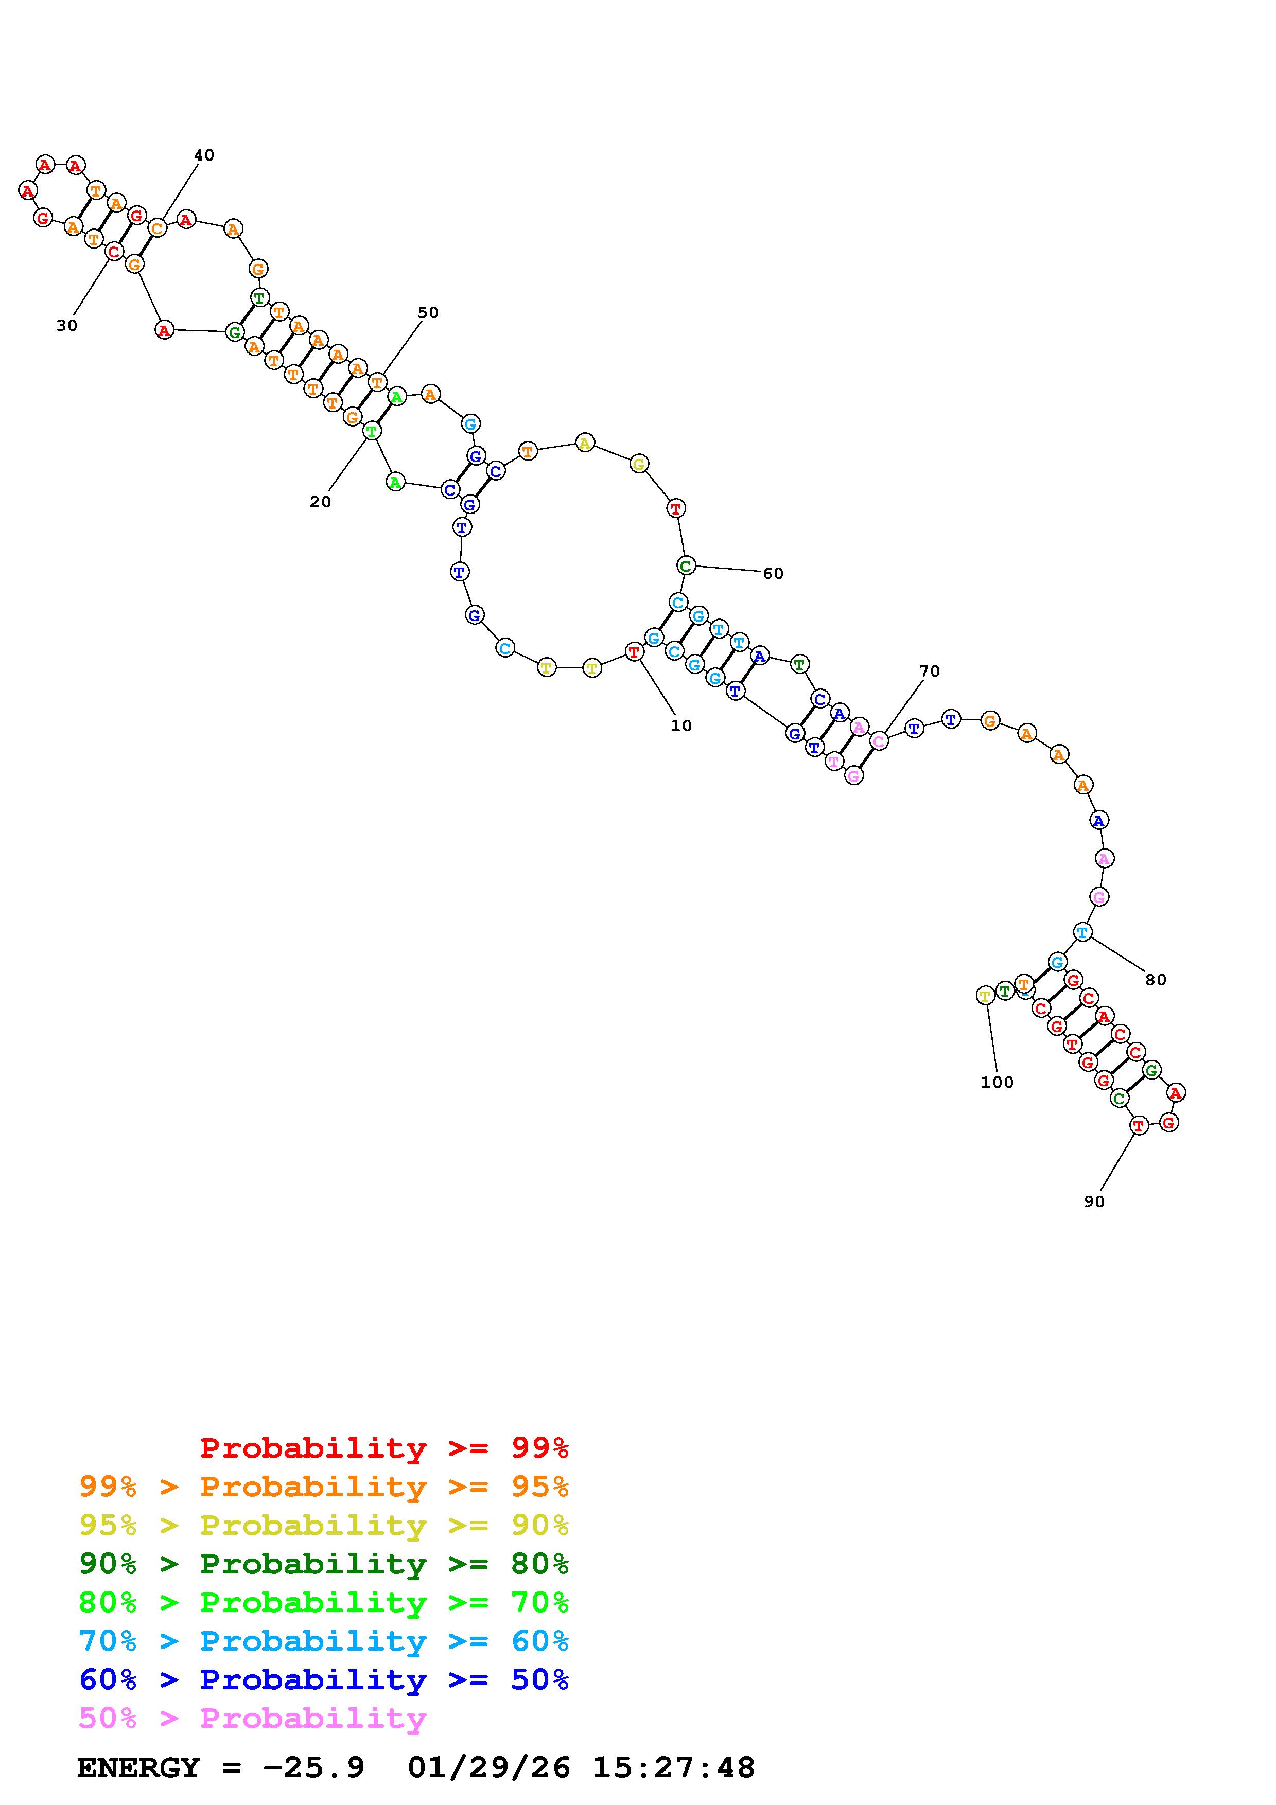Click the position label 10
coord(681,725)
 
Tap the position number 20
coord(320,502)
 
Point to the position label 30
coord(67,326)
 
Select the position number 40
coord(204,155)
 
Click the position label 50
coord(428,312)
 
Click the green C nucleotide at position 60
coord(686,565)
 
